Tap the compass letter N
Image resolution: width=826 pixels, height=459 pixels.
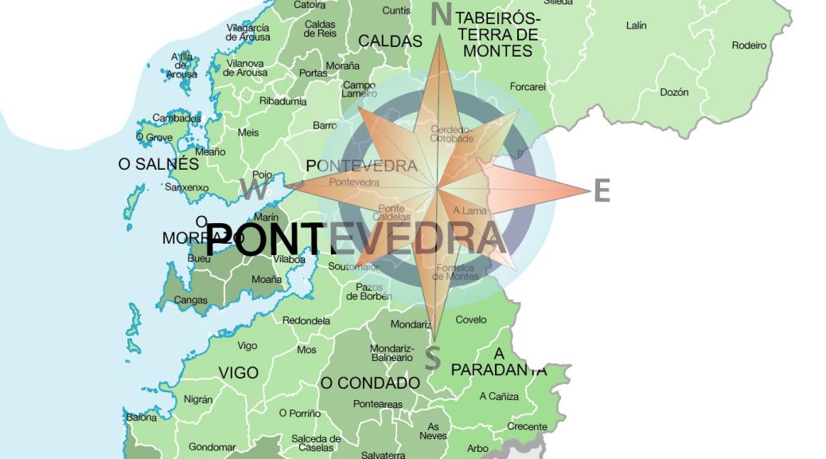click(441, 14)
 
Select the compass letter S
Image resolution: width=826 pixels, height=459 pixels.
click(432, 359)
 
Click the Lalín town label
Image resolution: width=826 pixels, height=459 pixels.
click(636, 25)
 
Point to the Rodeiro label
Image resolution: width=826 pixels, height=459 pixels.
click(749, 45)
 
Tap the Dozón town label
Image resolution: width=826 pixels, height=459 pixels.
click(674, 92)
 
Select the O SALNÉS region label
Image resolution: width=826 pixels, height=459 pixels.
click(158, 164)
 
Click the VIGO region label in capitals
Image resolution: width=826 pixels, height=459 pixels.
click(238, 373)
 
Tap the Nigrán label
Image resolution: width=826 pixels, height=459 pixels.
click(198, 399)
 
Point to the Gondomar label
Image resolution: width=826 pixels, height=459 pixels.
click(212, 447)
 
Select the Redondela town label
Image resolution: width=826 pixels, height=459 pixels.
click(306, 320)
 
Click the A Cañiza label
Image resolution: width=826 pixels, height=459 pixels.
click(499, 396)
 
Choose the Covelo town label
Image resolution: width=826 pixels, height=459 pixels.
click(470, 320)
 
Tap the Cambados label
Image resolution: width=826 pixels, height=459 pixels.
click(177, 118)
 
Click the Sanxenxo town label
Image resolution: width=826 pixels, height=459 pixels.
click(186, 187)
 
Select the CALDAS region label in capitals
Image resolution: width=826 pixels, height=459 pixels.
click(390, 41)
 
